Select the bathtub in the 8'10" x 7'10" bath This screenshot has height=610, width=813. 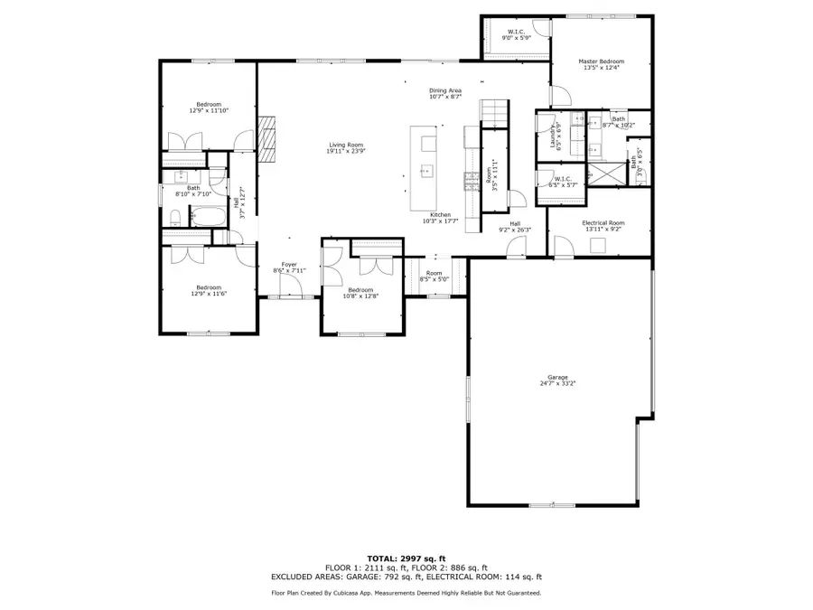(207, 217)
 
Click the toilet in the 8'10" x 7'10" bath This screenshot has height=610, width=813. (173, 216)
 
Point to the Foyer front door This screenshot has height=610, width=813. (290, 288)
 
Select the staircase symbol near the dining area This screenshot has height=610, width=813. (494, 111)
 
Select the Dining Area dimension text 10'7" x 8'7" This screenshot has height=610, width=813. (445, 96)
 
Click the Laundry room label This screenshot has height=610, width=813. (552, 135)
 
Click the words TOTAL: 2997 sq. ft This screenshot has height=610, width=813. (406, 558)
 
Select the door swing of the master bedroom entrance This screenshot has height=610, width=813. (559, 93)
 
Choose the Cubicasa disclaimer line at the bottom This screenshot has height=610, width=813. (406, 593)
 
